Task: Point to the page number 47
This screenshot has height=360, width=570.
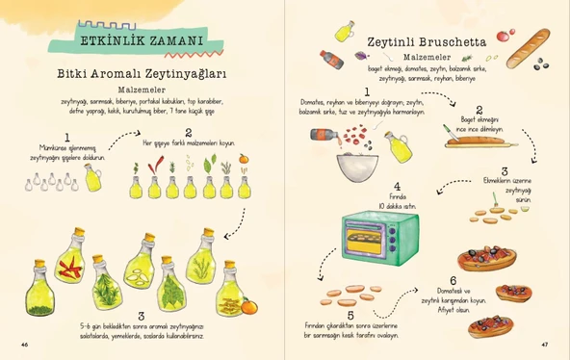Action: point(544,344)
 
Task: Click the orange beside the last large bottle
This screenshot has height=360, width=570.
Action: point(248,307)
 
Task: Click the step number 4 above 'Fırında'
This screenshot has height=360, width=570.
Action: point(395,186)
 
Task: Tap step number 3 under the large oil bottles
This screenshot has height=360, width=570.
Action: point(142,316)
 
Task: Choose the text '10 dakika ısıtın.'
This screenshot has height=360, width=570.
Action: point(395,206)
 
